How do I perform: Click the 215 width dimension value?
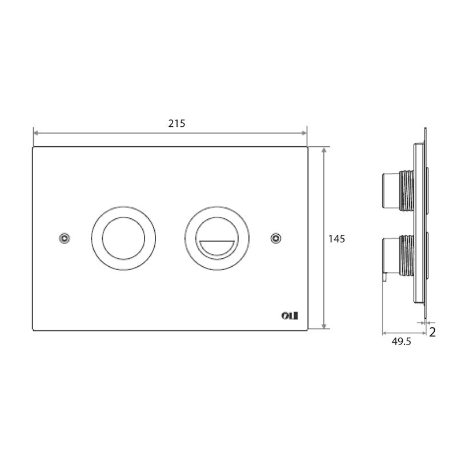coord(177,123)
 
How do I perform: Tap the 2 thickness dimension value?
coord(432,332)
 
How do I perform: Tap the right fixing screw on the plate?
coord(276,237)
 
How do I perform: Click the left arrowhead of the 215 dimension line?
coord(36,133)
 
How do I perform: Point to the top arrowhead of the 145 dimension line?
coord(325,150)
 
